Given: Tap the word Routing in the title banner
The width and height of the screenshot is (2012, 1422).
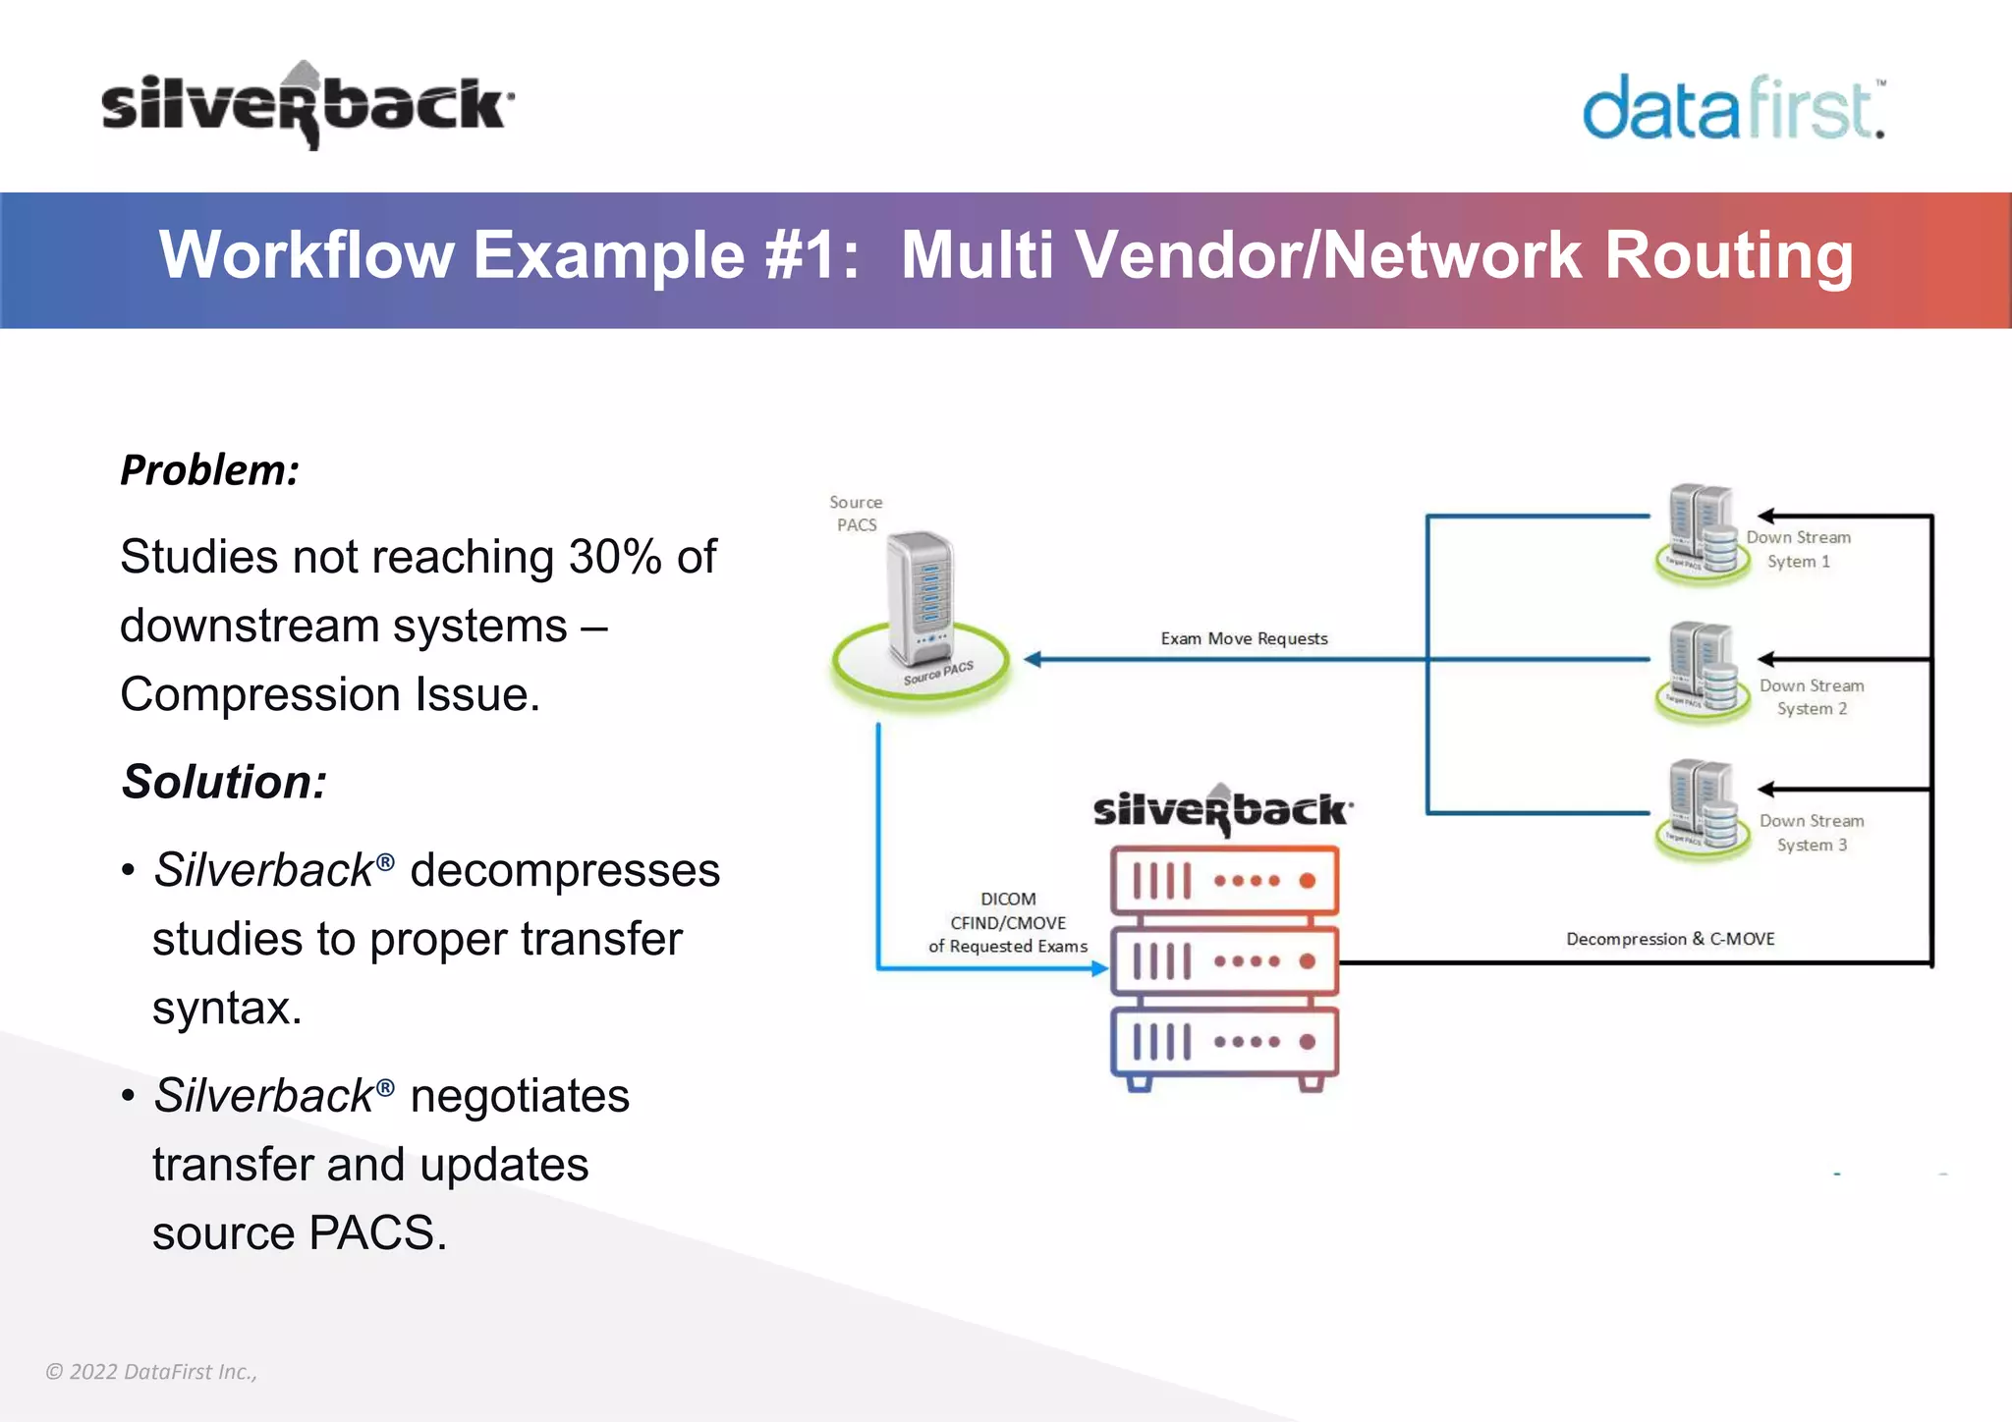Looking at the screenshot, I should click(1728, 255).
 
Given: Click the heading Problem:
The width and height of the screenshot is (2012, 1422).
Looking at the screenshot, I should click(209, 470).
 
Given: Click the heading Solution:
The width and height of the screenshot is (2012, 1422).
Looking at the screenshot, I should click(224, 783).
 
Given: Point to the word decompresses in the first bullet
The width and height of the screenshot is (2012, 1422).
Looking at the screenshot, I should click(565, 871).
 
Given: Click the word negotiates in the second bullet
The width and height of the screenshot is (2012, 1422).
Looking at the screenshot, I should click(519, 1096).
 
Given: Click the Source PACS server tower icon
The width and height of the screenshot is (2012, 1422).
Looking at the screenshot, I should click(921, 599).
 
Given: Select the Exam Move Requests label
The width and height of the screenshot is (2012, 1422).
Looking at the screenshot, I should click(1244, 639).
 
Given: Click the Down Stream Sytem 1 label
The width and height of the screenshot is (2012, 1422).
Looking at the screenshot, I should click(1798, 550).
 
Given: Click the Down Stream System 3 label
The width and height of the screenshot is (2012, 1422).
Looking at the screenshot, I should click(1812, 833).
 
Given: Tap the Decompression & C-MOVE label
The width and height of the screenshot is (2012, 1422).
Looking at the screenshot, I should click(1670, 939).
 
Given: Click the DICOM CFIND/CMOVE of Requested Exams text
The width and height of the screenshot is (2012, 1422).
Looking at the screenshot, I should click(1008, 923).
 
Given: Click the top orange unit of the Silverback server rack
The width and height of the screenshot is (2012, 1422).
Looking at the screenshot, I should click(1224, 881).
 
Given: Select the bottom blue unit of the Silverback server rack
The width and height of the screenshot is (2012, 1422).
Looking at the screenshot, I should click(1224, 1042).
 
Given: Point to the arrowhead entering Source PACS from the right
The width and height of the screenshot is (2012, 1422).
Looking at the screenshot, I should click(1032, 659).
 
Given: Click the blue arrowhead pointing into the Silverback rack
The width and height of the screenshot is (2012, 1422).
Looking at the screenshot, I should click(1100, 968).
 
